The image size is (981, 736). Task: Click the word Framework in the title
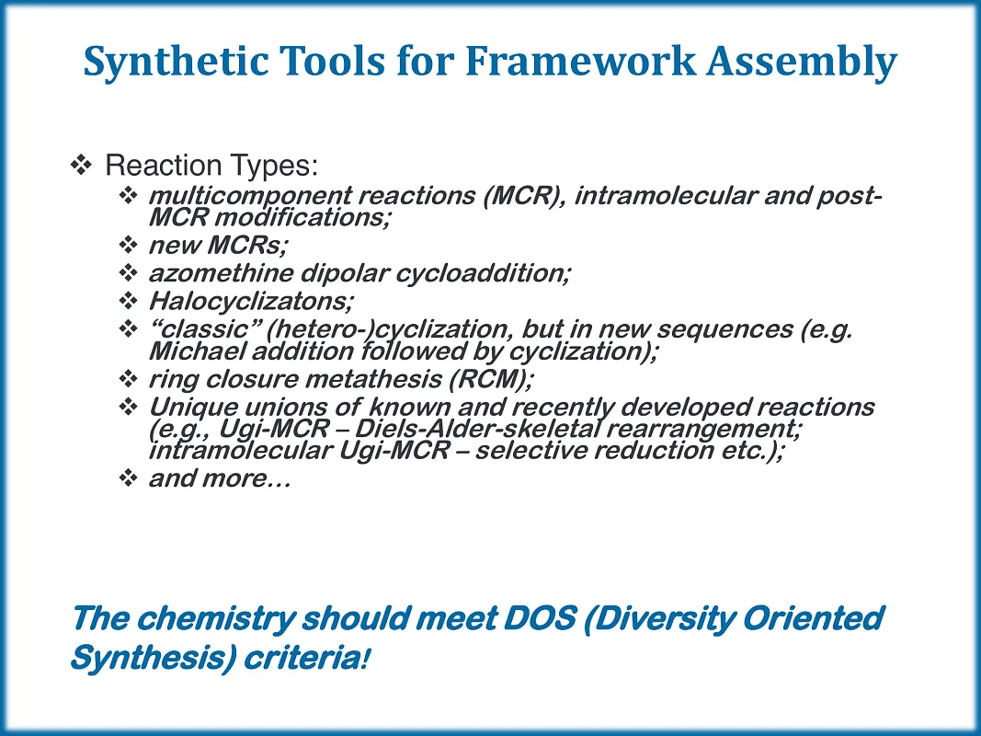(x=580, y=61)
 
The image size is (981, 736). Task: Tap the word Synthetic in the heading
(x=177, y=62)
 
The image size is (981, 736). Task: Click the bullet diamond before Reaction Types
(x=81, y=166)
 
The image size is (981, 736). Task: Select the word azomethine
(x=221, y=273)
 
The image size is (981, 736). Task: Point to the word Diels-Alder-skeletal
(x=477, y=430)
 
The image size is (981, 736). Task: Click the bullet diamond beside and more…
(x=128, y=478)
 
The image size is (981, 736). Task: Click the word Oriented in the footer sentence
(x=814, y=618)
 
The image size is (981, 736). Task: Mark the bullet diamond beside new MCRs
(x=128, y=244)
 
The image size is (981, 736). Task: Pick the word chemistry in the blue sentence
(x=215, y=619)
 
